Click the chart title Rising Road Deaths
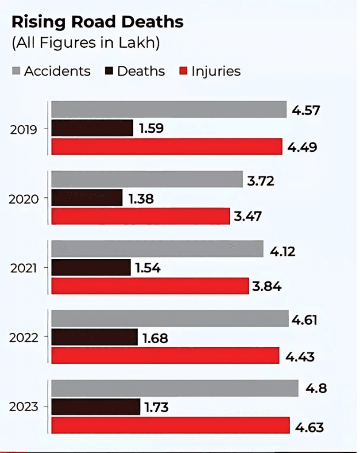click(97, 22)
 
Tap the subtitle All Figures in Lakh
click(85, 43)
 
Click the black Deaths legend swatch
click(109, 71)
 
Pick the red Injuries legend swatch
click(183, 71)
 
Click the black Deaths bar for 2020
click(87, 197)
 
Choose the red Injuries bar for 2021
click(150, 286)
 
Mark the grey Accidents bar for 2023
click(175, 388)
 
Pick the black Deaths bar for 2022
click(94, 337)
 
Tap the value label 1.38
click(141, 199)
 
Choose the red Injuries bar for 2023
click(170, 426)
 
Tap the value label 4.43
click(300, 357)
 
